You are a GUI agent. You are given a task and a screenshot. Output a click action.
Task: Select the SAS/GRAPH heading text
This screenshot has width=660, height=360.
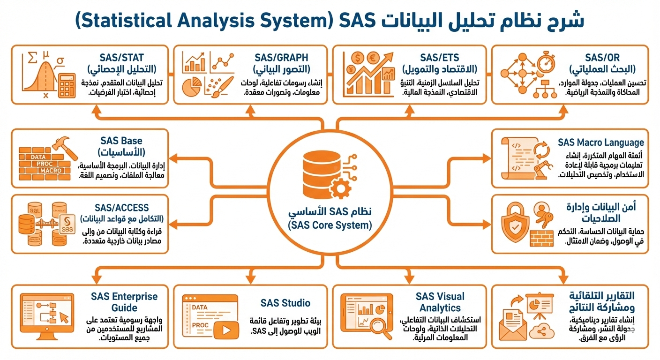coord(281,58)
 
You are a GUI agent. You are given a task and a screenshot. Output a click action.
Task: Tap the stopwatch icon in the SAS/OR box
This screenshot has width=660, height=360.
coord(546,64)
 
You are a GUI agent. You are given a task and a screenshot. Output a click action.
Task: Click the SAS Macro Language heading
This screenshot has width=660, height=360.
coord(601,142)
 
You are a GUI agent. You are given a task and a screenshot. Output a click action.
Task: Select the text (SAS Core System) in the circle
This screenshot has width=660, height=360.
coord(330,225)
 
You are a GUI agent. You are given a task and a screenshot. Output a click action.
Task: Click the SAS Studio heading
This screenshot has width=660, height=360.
coord(285,303)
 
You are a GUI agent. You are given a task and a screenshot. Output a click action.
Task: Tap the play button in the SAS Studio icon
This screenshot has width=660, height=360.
coord(226,330)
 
